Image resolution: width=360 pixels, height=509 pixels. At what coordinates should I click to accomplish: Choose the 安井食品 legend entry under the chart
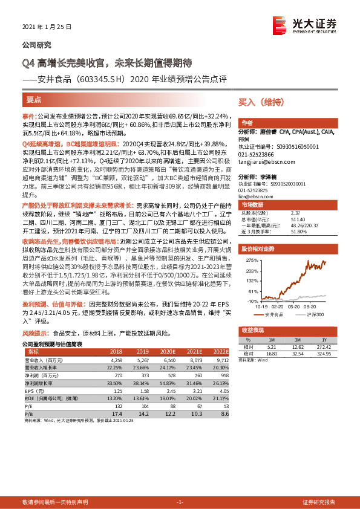coord(275,314)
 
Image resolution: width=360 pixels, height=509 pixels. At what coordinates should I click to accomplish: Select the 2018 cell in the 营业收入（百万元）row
coord(116,360)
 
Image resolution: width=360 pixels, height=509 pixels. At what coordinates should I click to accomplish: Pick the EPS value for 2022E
coord(222,390)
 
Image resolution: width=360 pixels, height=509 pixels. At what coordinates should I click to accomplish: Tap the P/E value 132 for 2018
coord(118,405)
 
